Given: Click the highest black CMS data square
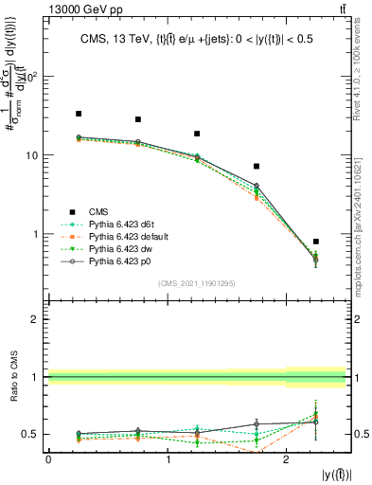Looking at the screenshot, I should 79,114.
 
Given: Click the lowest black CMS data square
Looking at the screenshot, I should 315,242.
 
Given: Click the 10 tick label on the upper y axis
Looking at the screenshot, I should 34,155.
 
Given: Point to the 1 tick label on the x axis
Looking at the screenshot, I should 168,458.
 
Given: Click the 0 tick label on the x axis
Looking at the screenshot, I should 48,458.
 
